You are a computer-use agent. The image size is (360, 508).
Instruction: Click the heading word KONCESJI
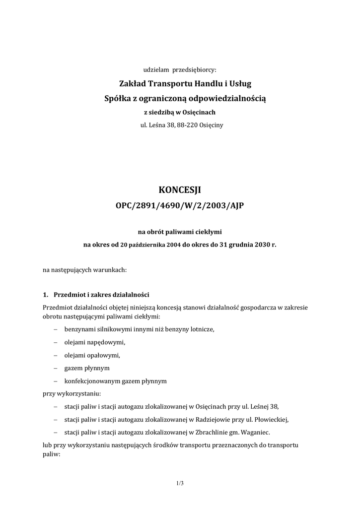[180, 190]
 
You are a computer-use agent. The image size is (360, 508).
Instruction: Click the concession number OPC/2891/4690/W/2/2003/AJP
[180, 205]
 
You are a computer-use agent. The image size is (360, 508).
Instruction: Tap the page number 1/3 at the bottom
[180, 483]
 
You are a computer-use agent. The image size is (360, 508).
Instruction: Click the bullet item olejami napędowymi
[94, 342]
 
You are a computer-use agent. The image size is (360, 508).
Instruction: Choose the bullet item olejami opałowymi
[92, 355]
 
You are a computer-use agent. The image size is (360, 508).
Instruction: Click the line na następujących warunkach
[85, 270]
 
